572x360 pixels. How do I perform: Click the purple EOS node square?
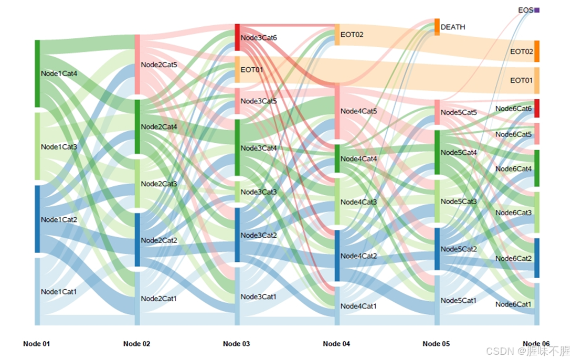pos(537,10)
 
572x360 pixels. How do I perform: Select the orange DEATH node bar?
pos(437,27)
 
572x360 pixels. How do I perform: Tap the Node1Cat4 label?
pos(59,73)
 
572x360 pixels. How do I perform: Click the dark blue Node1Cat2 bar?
pos(37,218)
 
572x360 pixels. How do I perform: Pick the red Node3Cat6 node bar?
pos(237,37)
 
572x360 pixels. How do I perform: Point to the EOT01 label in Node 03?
pos(252,69)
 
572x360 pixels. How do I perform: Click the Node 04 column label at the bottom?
pos(336,344)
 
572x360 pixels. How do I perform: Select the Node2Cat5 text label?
pos(159,65)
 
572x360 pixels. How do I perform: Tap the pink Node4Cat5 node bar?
pos(337,112)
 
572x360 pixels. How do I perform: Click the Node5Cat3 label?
pos(459,202)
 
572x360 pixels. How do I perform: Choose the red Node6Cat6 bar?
pos(537,108)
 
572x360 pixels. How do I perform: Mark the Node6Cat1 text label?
pos(513,304)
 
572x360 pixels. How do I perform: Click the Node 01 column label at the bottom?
pos(37,344)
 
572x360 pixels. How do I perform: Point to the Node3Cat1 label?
pos(259,297)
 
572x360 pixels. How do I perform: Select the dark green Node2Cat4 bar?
pos(137,126)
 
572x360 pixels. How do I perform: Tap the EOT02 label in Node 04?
pos(352,35)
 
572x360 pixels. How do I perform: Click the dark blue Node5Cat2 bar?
pos(437,249)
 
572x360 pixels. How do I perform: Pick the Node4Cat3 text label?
pos(358,202)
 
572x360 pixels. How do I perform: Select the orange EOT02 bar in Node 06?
pos(537,51)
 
